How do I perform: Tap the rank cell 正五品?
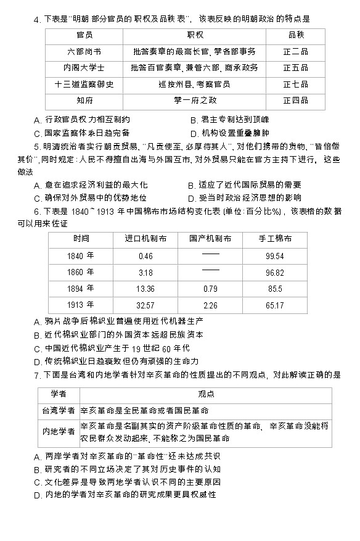(295, 68)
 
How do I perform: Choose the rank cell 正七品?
(295, 84)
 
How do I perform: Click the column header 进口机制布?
(145, 238)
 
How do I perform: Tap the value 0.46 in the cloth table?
(145, 255)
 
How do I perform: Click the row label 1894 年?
(81, 288)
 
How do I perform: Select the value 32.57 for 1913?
(145, 305)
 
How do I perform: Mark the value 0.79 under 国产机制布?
(210, 288)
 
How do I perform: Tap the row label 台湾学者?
(59, 410)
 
